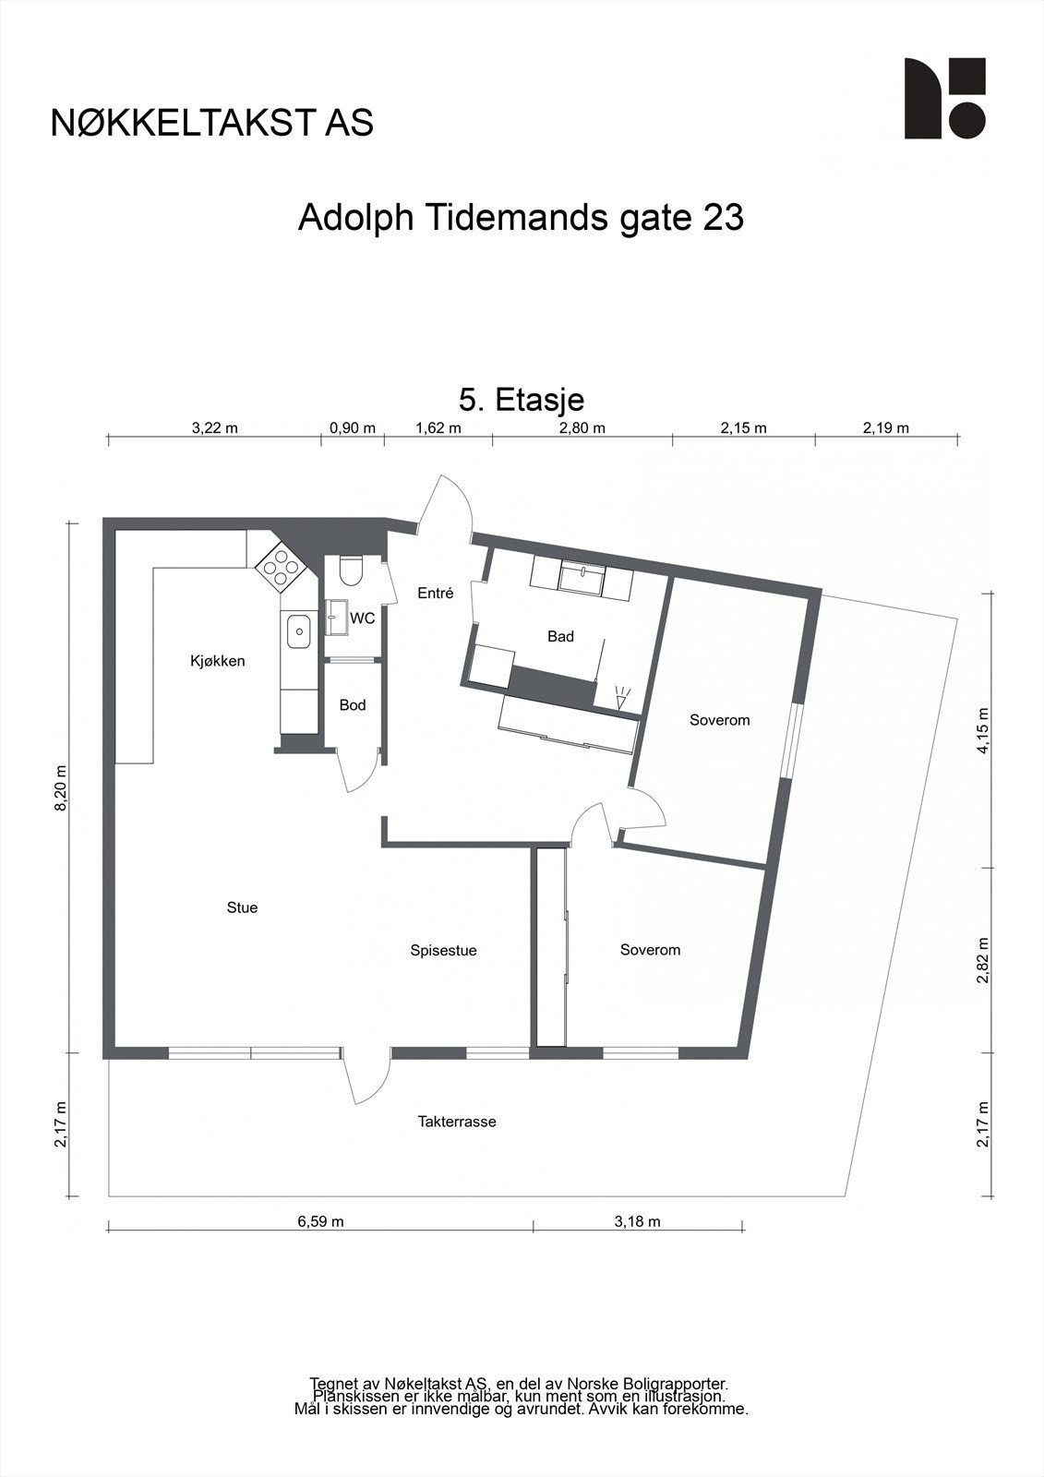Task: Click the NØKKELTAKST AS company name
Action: (212, 123)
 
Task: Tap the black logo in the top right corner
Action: (944, 99)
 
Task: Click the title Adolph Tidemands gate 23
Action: (521, 219)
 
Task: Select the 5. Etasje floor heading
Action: (522, 400)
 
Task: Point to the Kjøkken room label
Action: (218, 661)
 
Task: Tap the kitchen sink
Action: (299, 632)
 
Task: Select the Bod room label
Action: (353, 705)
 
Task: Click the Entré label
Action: (436, 594)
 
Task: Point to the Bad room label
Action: (560, 636)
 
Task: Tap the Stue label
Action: (242, 907)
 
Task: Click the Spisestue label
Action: (443, 950)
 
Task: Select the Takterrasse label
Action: (457, 1122)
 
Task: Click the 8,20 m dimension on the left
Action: (61, 787)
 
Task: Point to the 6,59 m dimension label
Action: (320, 1221)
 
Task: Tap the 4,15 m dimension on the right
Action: (984, 731)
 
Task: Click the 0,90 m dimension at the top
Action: (353, 427)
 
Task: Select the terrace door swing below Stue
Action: (366, 1078)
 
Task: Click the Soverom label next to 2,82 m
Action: (650, 950)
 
